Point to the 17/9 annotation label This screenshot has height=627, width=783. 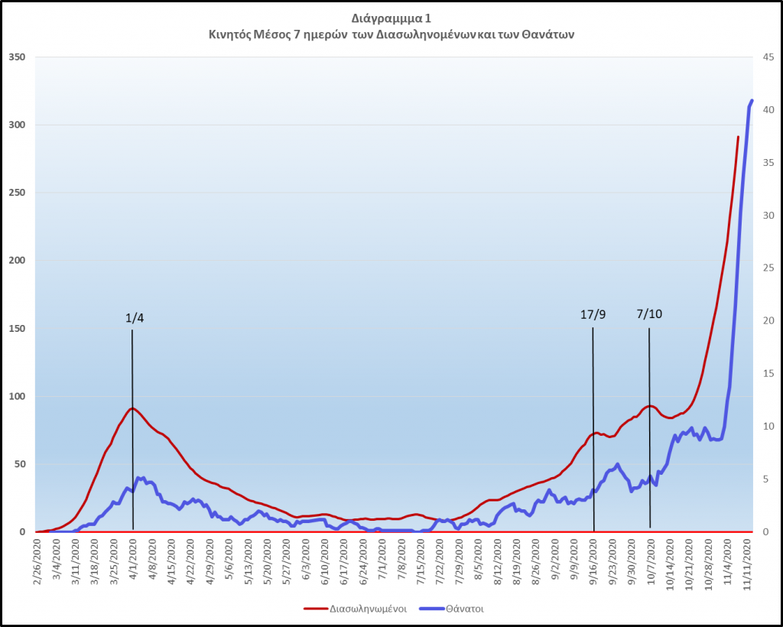[593, 313]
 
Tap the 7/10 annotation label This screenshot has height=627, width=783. [649, 313]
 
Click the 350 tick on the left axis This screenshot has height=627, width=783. [17, 57]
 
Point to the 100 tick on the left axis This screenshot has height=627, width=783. [17, 396]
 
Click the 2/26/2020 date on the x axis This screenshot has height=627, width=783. [37, 562]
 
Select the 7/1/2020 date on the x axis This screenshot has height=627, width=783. [382, 562]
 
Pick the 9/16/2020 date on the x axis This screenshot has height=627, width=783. [593, 562]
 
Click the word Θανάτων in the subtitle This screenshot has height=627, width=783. [549, 35]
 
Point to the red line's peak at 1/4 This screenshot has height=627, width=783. [132, 408]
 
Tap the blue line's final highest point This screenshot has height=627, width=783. [752, 100]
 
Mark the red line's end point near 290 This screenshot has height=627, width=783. [738, 138]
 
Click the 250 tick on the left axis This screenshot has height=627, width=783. [17, 193]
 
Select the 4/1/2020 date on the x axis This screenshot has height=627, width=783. [133, 562]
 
